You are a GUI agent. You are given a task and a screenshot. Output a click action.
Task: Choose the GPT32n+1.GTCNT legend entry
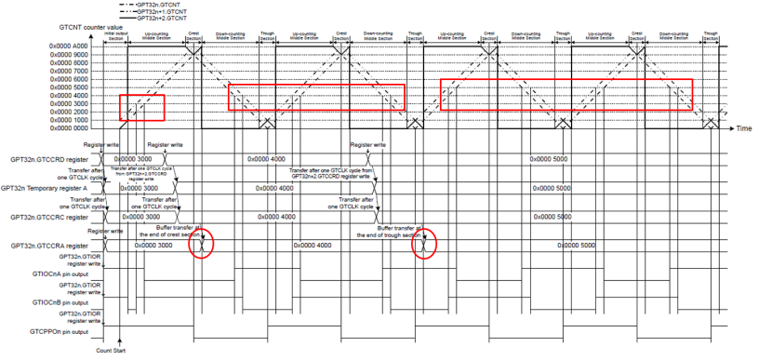166,10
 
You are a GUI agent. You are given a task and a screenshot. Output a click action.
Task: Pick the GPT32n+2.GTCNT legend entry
166,18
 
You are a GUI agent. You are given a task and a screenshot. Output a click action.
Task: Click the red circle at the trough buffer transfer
424,244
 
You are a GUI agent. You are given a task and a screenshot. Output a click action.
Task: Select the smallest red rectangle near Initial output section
142,107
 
